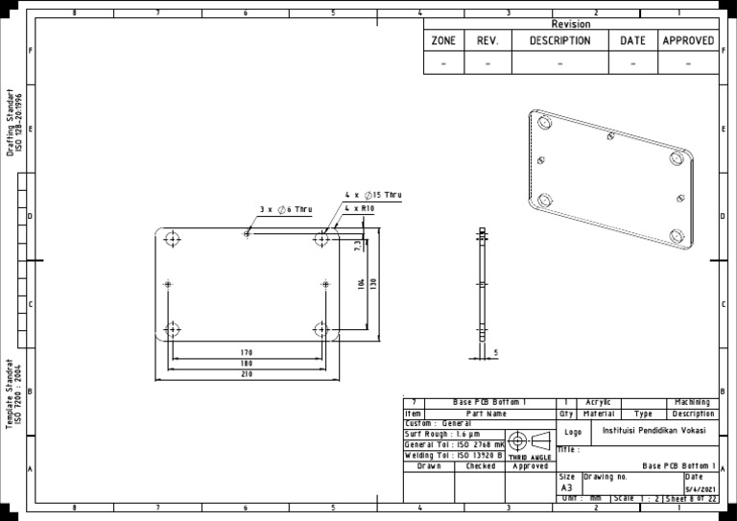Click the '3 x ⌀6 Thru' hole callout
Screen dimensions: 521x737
[x=285, y=209]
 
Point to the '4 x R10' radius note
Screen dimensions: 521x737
[x=359, y=208]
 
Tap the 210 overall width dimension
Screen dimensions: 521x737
[x=247, y=374]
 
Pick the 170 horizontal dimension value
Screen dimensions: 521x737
[x=247, y=353]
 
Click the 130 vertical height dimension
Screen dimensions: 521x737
[x=373, y=284]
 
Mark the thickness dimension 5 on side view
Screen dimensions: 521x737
[x=495, y=353]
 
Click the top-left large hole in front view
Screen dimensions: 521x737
[x=173, y=239]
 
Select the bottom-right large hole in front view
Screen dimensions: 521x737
[x=321, y=329]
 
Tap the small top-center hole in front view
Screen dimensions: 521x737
[x=247, y=233]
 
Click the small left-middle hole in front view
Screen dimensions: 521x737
[x=168, y=284]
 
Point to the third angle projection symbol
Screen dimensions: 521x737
[x=529, y=441]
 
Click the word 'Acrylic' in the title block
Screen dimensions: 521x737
[x=598, y=402]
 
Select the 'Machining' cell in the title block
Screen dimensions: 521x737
[x=692, y=402]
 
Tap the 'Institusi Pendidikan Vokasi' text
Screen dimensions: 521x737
[x=654, y=431]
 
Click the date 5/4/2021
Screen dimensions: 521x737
[x=701, y=489]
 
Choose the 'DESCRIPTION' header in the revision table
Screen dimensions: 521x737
[x=559, y=41]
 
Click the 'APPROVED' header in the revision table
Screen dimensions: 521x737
[x=688, y=41]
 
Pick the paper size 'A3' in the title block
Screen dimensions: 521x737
[x=566, y=488]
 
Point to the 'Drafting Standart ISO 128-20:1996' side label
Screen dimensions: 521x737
[x=14, y=123]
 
